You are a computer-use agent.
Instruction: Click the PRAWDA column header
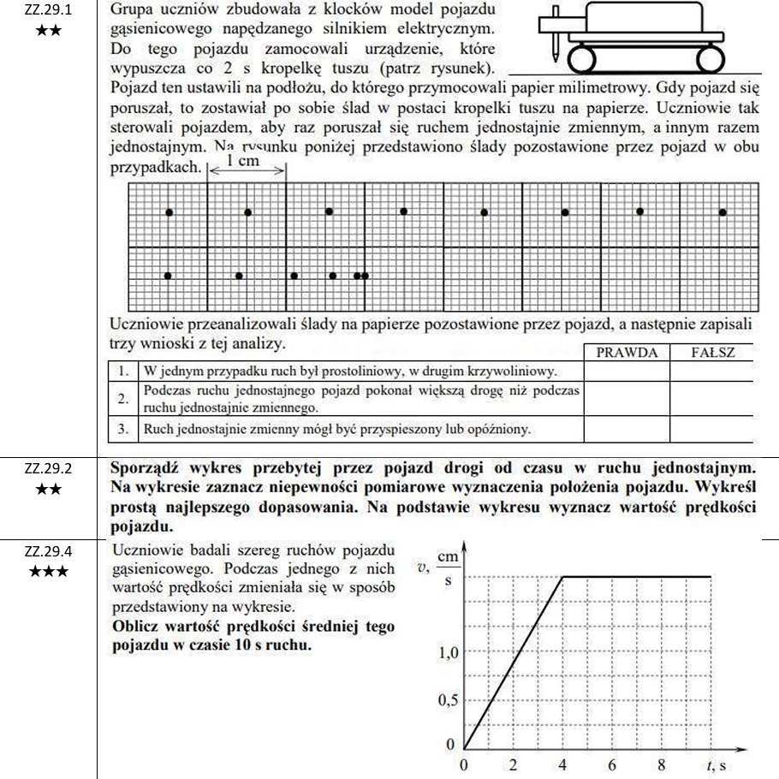(x=627, y=353)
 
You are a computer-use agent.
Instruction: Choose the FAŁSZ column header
(x=712, y=353)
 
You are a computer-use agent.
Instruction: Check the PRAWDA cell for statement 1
(x=627, y=372)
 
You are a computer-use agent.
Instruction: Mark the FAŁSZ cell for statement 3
(x=712, y=427)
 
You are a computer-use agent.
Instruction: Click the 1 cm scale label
(x=243, y=164)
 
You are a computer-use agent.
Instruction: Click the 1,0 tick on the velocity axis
(x=448, y=653)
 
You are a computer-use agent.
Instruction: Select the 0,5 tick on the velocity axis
(x=448, y=700)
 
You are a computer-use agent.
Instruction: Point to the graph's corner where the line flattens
(x=562, y=577)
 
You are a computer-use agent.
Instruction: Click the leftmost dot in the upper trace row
(x=169, y=211)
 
